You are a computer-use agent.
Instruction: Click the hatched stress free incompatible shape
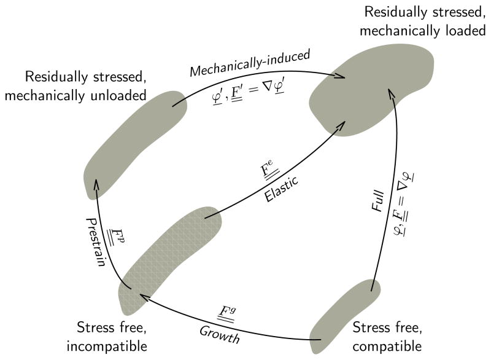point(166,259)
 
